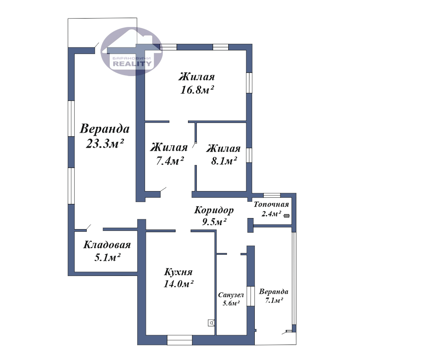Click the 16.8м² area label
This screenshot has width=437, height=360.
[x=197, y=90]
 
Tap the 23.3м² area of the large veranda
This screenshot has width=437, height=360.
[x=104, y=143]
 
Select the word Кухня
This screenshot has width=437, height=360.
[x=178, y=272]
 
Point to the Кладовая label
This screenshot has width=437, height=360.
[x=107, y=245]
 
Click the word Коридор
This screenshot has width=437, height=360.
[x=214, y=210]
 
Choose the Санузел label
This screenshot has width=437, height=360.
[x=231, y=295]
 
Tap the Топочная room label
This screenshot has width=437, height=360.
[x=271, y=204]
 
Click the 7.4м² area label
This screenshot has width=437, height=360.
[x=170, y=161]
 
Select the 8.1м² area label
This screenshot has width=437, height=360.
[x=224, y=161]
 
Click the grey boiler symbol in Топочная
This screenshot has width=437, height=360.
[x=287, y=215]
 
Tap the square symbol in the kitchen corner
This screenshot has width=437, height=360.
[x=211, y=323]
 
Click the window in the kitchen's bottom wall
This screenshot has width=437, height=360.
[x=180, y=340]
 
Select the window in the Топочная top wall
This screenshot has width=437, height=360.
[x=272, y=195]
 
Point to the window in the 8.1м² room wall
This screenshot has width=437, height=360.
[x=249, y=155]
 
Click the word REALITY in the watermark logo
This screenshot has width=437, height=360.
[x=132, y=64]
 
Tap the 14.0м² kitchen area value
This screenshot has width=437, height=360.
[x=178, y=284]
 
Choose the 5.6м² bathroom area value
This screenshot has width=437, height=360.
[x=231, y=303]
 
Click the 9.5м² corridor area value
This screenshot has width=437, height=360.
[x=214, y=222]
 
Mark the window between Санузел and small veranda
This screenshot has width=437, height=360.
[x=250, y=296]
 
